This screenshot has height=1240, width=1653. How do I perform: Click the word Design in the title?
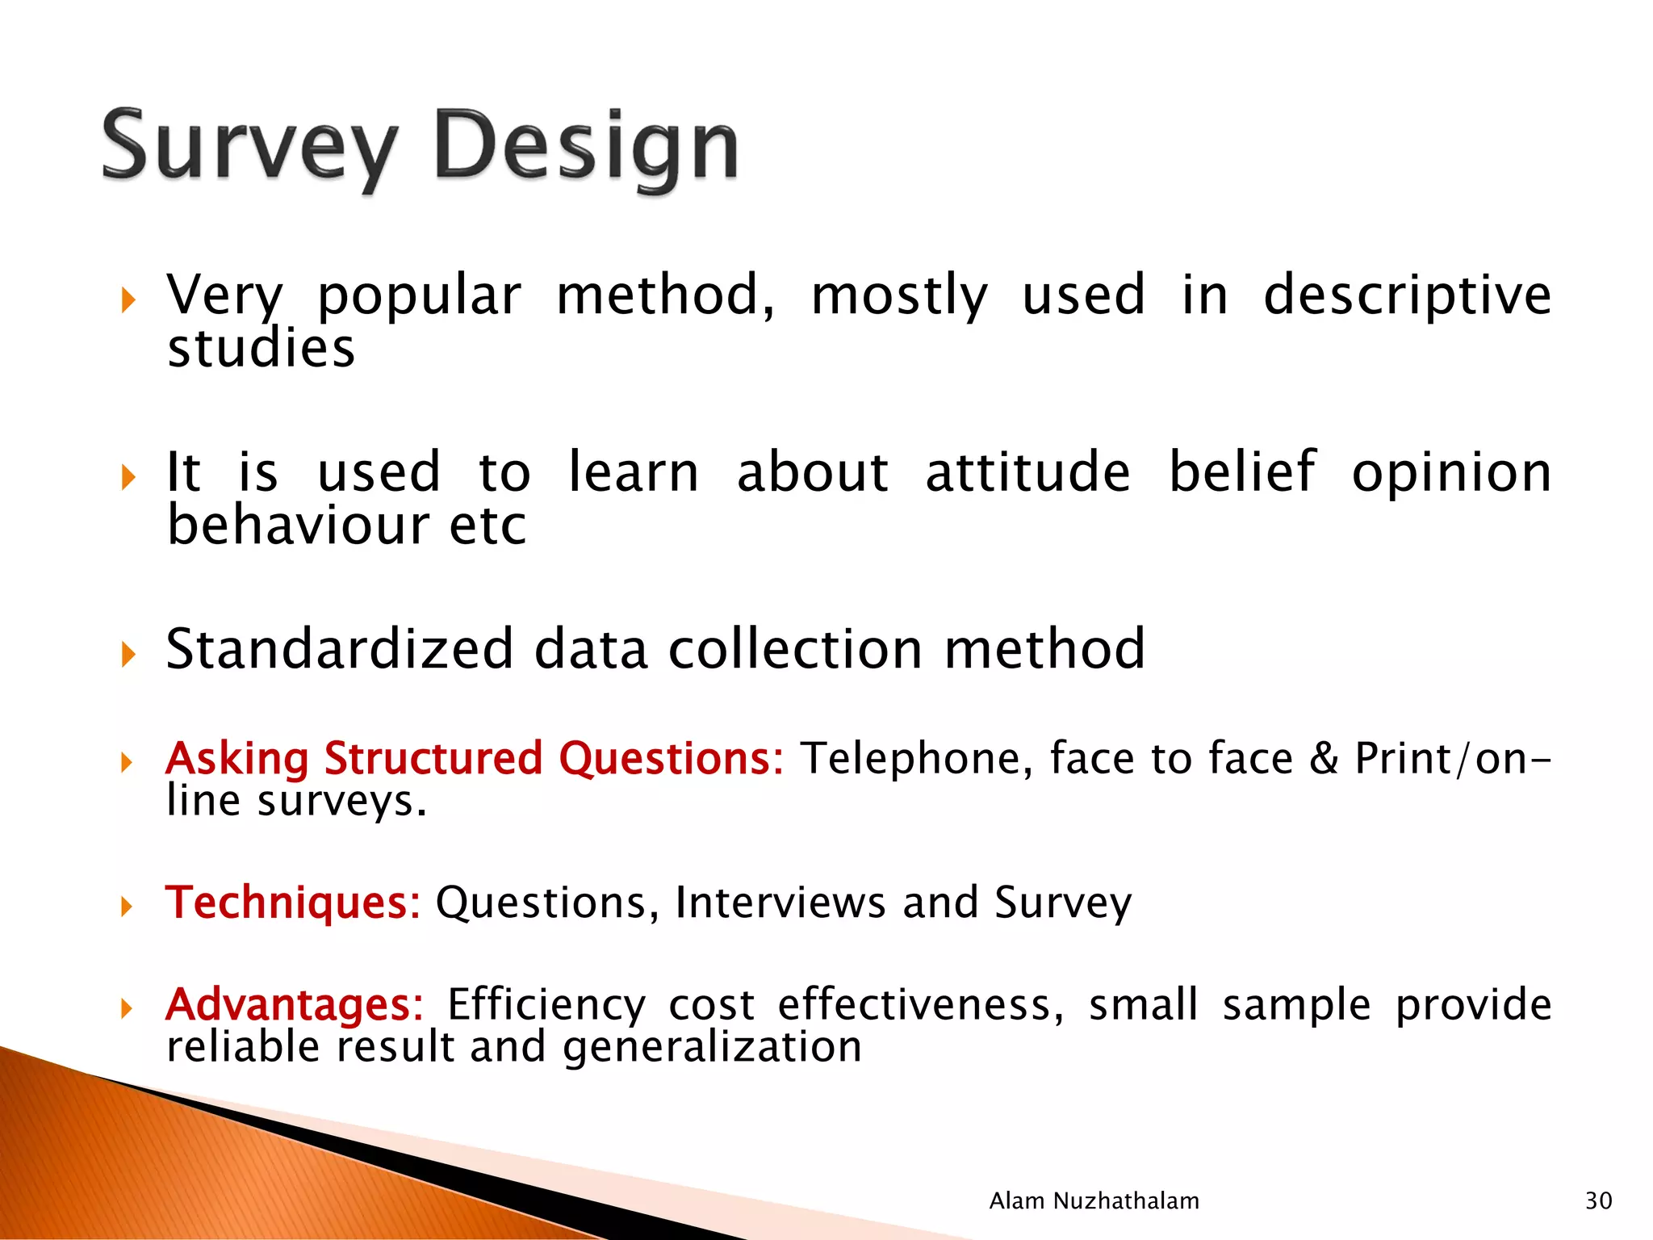click(x=587, y=148)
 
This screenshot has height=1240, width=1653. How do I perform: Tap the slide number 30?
click(x=1598, y=1200)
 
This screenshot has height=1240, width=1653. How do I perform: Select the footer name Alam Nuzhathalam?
click(x=1094, y=1200)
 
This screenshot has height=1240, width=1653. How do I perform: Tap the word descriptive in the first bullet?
click(x=1407, y=295)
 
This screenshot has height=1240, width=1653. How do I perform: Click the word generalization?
click(x=712, y=1047)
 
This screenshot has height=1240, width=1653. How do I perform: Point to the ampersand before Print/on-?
click(x=1324, y=759)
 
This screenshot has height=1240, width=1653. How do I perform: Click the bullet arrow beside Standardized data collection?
click(x=128, y=653)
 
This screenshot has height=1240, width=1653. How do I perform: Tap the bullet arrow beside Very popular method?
click(x=128, y=301)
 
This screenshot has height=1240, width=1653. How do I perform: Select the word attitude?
click(x=1027, y=472)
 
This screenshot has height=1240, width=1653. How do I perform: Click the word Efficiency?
click(x=546, y=1004)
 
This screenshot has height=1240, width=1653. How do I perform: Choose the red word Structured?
click(x=433, y=758)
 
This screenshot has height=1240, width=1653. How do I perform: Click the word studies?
click(x=261, y=349)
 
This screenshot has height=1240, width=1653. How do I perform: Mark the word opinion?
click(x=1451, y=474)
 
